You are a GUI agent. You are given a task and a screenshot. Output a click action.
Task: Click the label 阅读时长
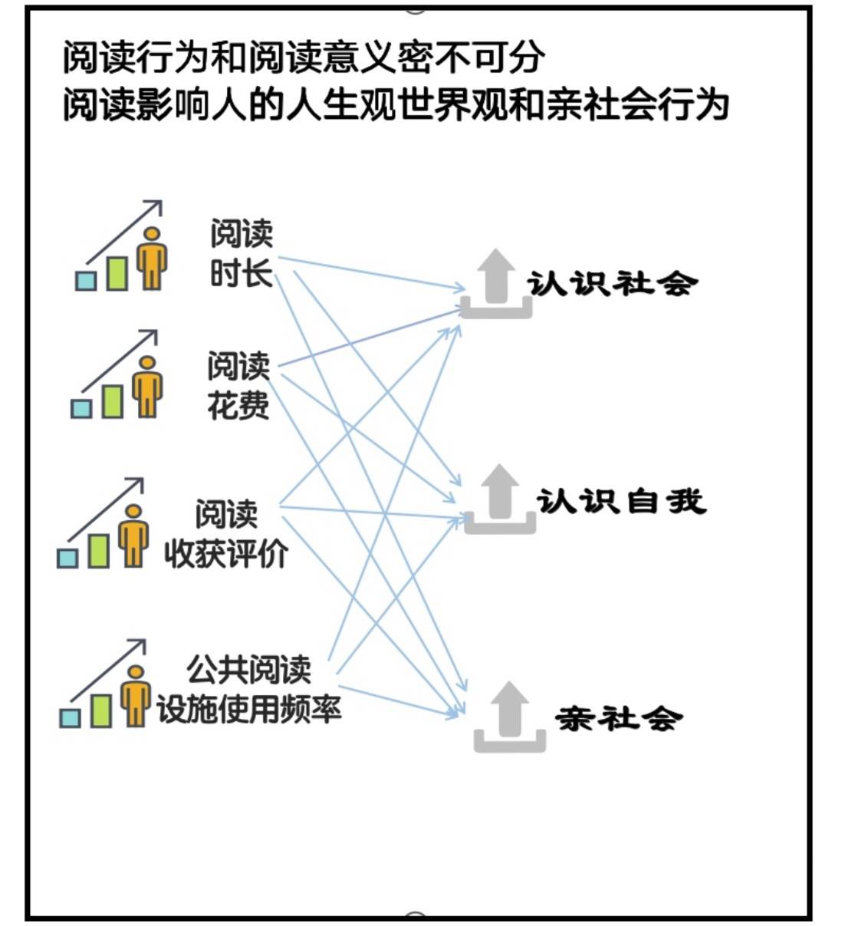pos(242,254)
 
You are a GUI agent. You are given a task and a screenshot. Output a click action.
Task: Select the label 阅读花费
pos(238,386)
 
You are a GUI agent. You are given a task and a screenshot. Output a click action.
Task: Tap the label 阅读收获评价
pos(226,534)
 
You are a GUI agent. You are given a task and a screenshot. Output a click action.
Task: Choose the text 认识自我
pos(620,502)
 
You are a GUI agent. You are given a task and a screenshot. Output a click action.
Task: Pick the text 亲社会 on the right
pos(618,719)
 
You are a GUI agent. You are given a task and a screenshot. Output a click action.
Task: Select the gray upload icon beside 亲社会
pos(510,717)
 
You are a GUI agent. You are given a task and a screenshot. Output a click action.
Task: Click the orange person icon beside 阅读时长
pos(152,257)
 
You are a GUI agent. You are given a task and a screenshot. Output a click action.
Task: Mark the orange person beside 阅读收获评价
pos(133,535)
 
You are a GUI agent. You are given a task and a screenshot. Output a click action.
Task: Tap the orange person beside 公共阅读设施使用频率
pos(136,694)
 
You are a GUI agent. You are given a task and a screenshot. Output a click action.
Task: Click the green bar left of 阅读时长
pos(117,272)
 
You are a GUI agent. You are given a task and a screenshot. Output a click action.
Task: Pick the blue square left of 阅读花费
pos(81,407)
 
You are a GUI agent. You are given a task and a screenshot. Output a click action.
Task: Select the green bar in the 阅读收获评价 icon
pos(98,550)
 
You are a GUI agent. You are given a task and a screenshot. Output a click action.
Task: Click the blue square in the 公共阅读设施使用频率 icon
pos(70,717)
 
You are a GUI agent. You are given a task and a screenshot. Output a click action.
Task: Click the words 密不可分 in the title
pos(472,58)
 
